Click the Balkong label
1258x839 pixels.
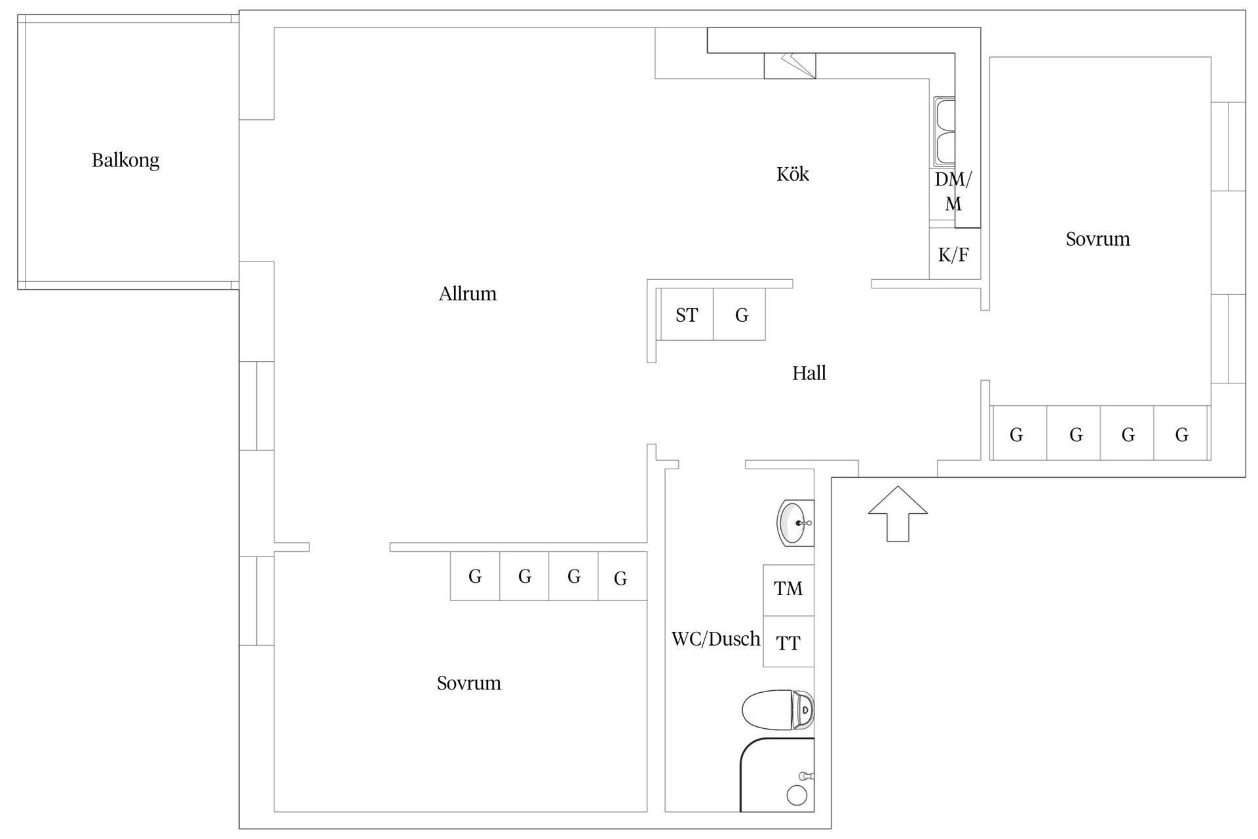coord(125,160)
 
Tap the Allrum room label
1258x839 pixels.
coord(467,294)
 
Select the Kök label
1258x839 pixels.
coord(792,174)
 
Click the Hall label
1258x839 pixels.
coord(809,374)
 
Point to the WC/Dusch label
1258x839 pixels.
coord(715,639)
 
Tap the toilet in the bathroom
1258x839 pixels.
coord(778,709)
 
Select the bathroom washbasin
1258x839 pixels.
coord(795,523)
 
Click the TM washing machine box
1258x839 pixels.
coord(788,589)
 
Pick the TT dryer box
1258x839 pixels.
coord(788,643)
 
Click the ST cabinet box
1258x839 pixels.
coord(687,315)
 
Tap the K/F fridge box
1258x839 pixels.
coord(953,254)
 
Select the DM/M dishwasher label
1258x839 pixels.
coord(953,191)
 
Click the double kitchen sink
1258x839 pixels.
coord(944,132)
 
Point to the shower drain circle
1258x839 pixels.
coord(797,796)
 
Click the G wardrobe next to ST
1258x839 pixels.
coord(740,315)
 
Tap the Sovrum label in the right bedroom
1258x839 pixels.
coord(1097,239)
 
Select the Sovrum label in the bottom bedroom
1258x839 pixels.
coord(468,684)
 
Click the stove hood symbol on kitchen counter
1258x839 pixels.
coord(790,66)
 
